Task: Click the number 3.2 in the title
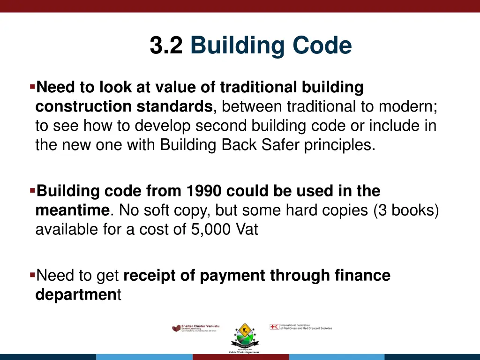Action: (166, 46)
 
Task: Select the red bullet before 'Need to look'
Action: (32, 87)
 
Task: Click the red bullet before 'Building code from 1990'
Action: (32, 191)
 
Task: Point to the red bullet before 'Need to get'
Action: (32, 275)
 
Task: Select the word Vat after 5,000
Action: (246, 231)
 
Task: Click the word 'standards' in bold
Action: (174, 107)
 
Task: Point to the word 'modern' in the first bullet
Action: (412, 107)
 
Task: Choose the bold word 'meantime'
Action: (72, 211)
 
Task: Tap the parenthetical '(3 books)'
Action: (406, 211)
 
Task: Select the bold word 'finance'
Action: (362, 276)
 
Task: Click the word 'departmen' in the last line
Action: (76, 295)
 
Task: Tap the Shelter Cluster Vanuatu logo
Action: (195, 328)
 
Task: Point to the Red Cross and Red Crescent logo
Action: (300, 327)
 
